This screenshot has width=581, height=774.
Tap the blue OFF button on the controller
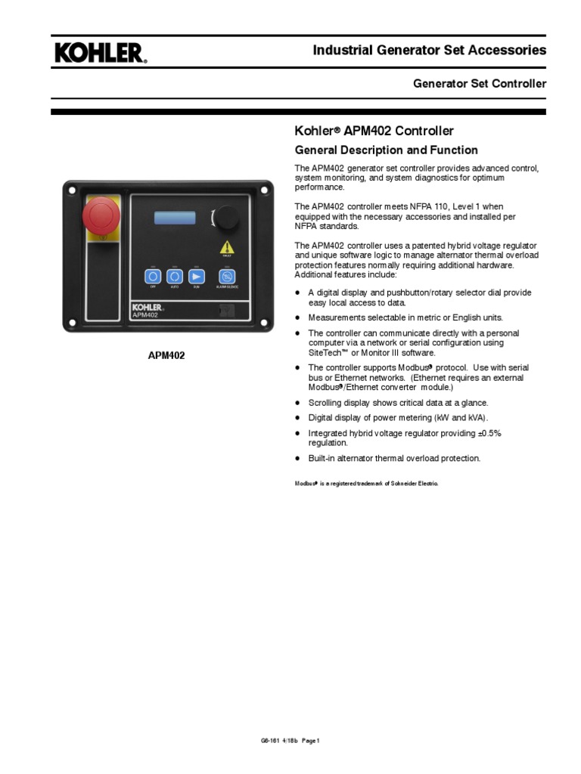(x=151, y=276)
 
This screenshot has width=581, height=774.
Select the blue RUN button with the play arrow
(x=197, y=276)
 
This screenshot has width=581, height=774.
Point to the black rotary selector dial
(x=226, y=218)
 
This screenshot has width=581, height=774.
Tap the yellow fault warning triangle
(x=227, y=247)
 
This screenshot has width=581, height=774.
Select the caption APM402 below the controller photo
(x=166, y=355)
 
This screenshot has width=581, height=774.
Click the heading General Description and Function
(x=385, y=150)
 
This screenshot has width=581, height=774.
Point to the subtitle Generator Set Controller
(x=479, y=84)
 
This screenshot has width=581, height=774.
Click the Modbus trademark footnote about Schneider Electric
(x=366, y=483)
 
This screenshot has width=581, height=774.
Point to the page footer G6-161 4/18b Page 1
(x=290, y=741)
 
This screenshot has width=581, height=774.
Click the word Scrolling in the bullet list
(x=325, y=403)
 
